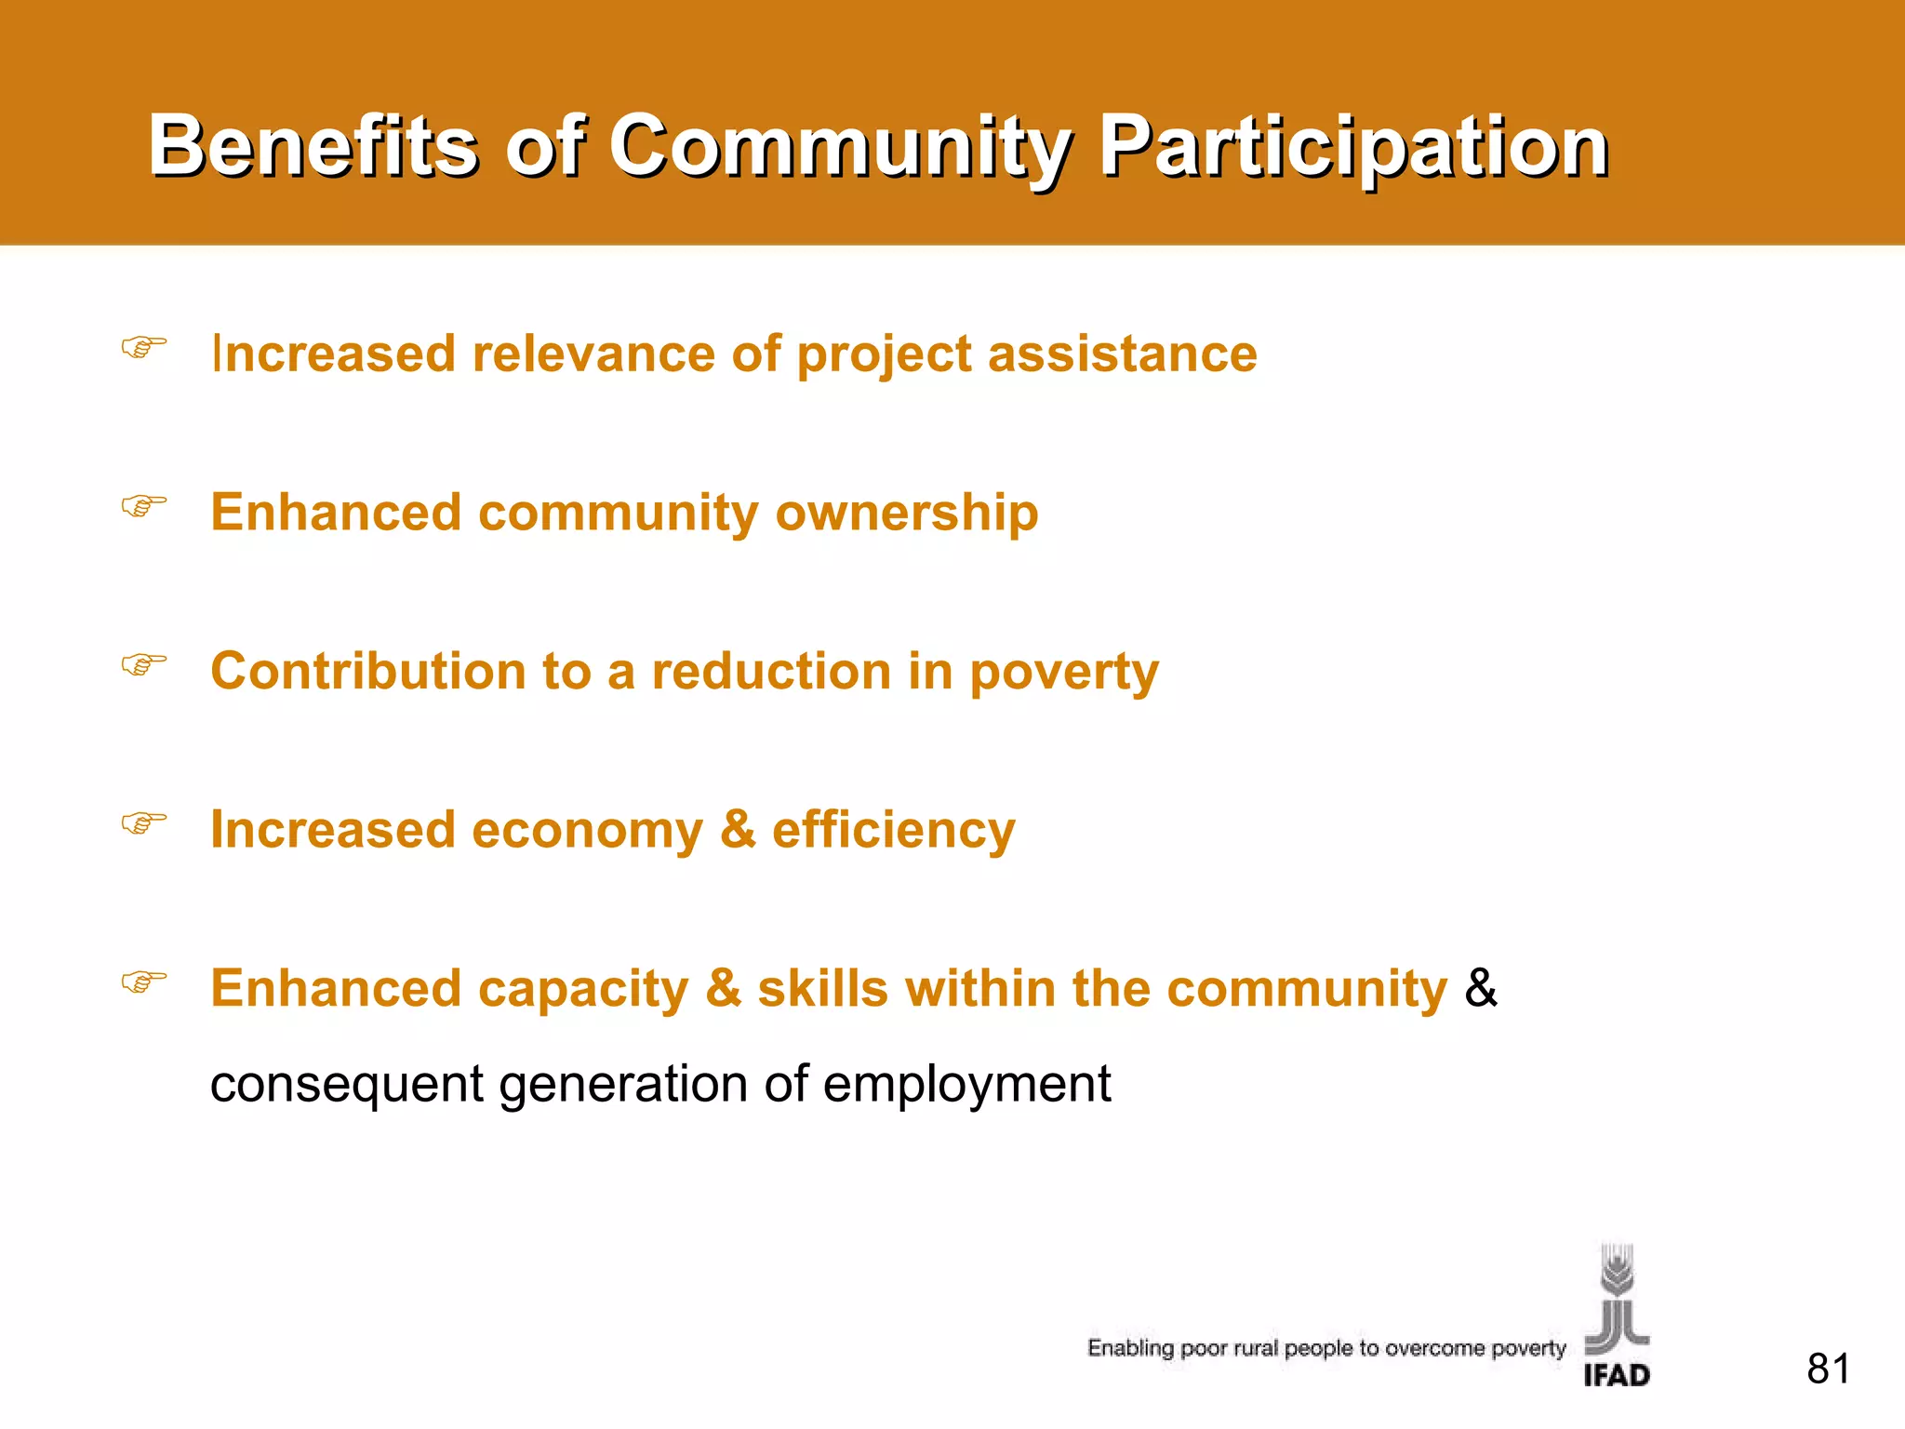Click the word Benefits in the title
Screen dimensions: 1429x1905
click(313, 146)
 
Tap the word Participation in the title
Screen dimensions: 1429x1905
click(1353, 146)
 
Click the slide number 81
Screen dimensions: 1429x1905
click(1828, 1369)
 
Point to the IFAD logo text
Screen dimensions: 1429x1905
click(1617, 1375)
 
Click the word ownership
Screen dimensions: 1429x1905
click(907, 513)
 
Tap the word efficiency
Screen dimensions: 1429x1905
click(893, 830)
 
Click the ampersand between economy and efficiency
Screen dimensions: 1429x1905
click(738, 830)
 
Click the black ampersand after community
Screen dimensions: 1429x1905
click(1481, 988)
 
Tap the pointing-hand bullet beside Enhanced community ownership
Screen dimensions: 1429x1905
click(144, 506)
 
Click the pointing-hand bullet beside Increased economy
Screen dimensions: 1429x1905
click(144, 822)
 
